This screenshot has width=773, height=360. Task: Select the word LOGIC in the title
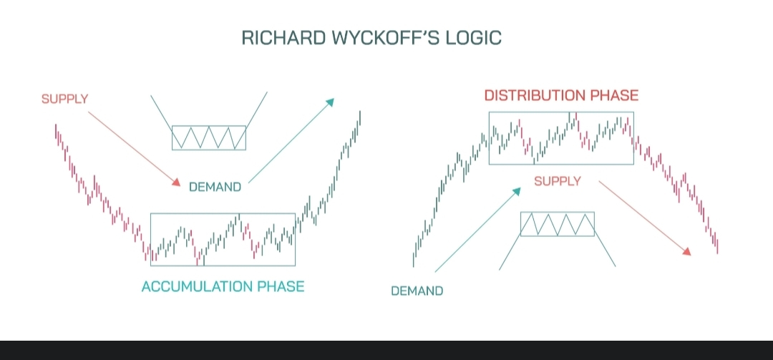point(475,38)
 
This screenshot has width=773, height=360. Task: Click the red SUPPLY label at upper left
point(64,99)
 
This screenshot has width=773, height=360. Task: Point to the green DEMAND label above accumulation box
point(215,187)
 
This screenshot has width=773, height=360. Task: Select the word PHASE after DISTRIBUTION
point(612,95)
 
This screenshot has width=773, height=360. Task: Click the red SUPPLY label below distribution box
point(558,181)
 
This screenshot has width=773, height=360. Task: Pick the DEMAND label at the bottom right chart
point(417,291)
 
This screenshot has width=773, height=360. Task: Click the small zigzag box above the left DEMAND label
point(209,137)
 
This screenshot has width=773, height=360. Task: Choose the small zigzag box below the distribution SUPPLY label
point(558,224)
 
